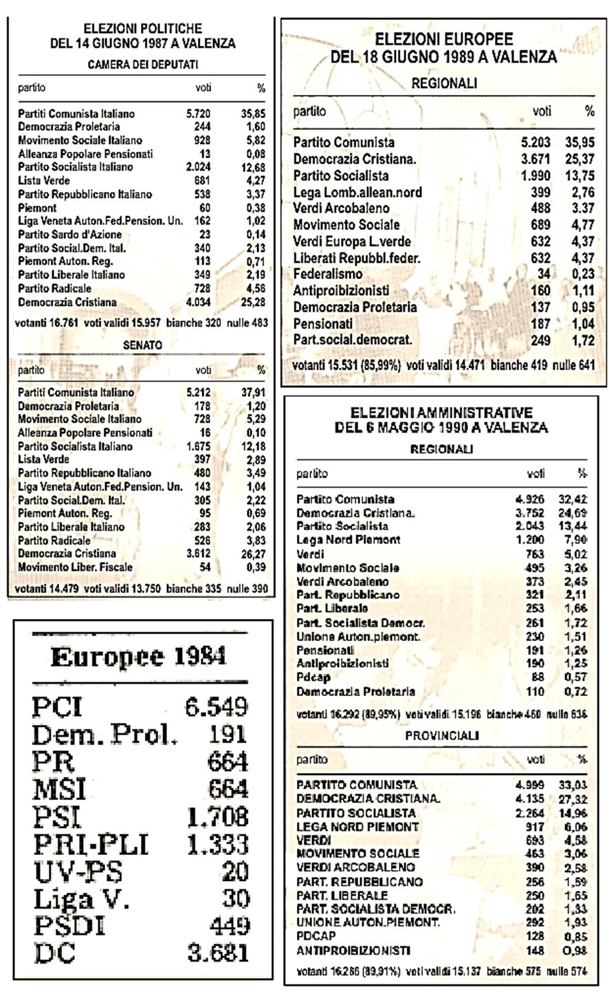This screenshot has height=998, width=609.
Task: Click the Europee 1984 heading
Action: [138, 658]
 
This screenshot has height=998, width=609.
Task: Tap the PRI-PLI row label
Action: [90, 844]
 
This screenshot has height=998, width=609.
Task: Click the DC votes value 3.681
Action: [217, 953]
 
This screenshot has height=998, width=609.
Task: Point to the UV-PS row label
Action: [77, 871]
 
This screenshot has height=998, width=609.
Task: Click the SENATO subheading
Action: [143, 345]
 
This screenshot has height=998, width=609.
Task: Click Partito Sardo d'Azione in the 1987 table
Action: [69, 235]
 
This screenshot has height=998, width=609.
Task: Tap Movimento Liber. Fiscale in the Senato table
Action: [75, 567]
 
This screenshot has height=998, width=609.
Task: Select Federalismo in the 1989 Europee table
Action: [328, 274]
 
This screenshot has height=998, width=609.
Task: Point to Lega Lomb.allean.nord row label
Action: [357, 192]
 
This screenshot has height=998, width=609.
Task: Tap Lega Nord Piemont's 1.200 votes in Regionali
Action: [529, 540]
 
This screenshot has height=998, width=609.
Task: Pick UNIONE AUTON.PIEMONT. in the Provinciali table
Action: [368, 922]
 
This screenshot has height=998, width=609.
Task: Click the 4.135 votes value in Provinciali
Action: [529, 799]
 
